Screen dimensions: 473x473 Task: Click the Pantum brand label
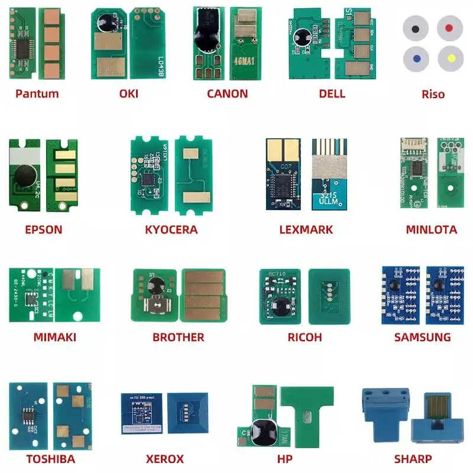[x=37, y=93]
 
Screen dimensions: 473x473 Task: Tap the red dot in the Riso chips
[x=449, y=27]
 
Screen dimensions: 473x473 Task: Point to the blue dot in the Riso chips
[x=416, y=59]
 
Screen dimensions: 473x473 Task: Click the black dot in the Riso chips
[x=416, y=28]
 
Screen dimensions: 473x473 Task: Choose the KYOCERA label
[x=171, y=229]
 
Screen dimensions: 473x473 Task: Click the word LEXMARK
[x=306, y=229]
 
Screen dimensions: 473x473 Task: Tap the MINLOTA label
[x=431, y=229]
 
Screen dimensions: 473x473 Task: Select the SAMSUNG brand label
[x=422, y=337]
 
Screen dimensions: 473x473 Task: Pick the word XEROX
[x=165, y=458]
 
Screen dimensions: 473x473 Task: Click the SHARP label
[x=413, y=458]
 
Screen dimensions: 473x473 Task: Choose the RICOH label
[x=305, y=337]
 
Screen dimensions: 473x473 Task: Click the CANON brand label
[x=227, y=93]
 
